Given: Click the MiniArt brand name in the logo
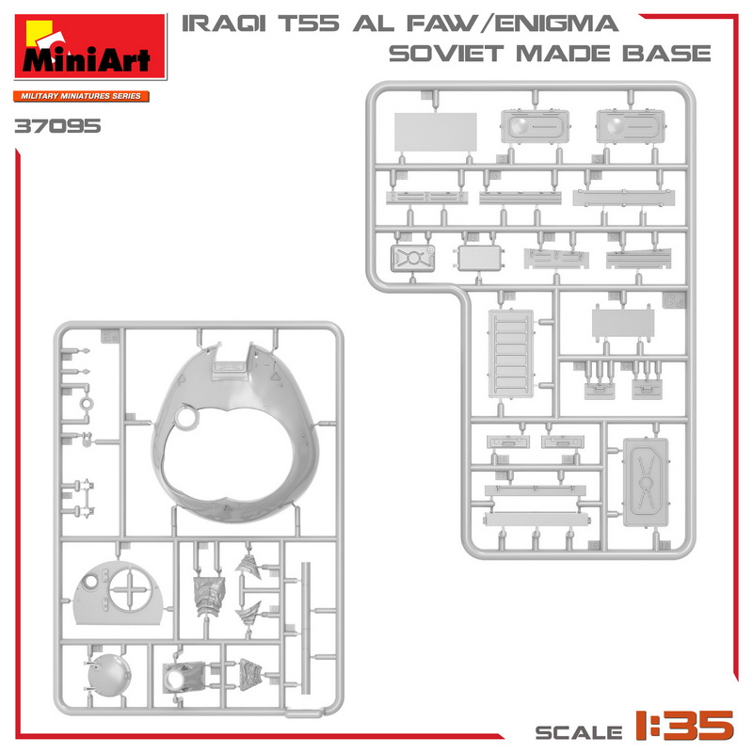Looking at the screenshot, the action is pyautogui.click(x=87, y=60).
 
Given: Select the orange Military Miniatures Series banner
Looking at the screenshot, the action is pyautogui.click(x=81, y=96).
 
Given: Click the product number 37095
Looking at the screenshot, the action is pyautogui.click(x=57, y=126).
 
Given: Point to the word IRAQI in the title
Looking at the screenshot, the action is pyautogui.click(x=224, y=24).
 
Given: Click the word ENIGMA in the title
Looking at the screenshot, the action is pyautogui.click(x=556, y=24).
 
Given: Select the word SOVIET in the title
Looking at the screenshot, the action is pyautogui.click(x=446, y=54).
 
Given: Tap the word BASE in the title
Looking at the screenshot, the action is pyautogui.click(x=666, y=54).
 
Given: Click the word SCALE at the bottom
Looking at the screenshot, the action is pyautogui.click(x=579, y=732).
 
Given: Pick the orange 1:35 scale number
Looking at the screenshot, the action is pyautogui.click(x=684, y=725).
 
